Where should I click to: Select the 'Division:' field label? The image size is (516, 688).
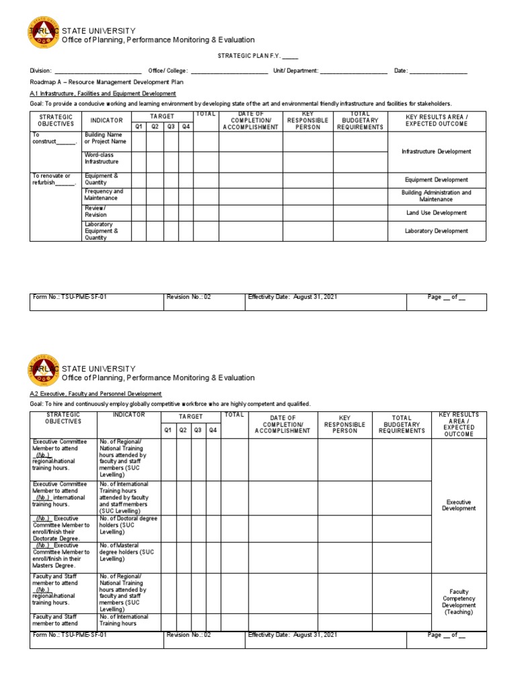[40, 71]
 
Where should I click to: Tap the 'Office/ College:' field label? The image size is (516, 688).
[169, 71]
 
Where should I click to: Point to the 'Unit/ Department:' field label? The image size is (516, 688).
[295, 71]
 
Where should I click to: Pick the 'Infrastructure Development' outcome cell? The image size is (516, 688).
[436, 152]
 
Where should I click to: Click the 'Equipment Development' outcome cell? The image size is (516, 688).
[436, 180]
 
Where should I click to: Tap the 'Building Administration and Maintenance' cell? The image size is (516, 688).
[436, 196]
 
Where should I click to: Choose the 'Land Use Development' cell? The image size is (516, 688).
[436, 213]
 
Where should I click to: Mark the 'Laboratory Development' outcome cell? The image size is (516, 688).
[436, 231]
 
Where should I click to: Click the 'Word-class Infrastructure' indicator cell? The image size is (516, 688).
[101, 159]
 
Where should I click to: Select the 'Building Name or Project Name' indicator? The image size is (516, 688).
[105, 138]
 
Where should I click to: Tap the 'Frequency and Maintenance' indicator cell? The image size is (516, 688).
[103, 195]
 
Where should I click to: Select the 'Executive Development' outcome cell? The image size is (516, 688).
[458, 505]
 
